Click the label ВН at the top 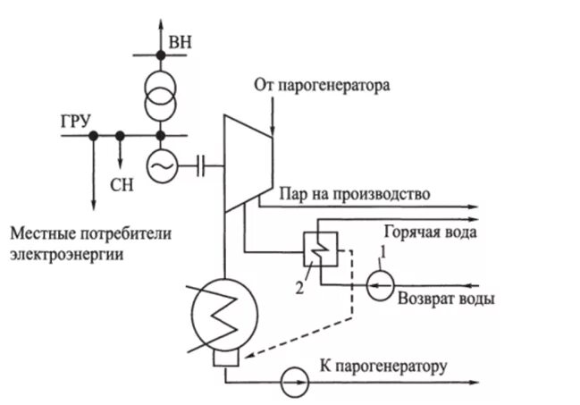tap(179, 41)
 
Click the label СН tap(121, 186)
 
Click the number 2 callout tap(300, 287)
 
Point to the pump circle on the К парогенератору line tap(293, 381)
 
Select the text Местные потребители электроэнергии tap(88, 243)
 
